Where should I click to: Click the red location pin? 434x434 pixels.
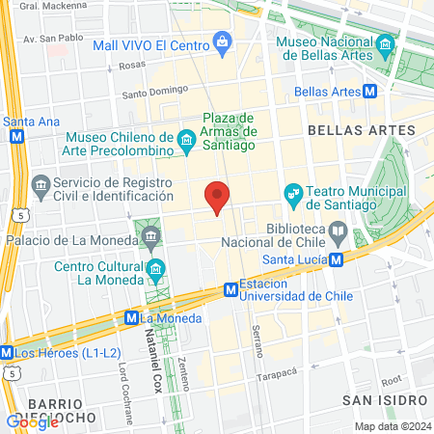(218, 196)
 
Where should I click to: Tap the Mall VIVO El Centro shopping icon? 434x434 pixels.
(224, 41)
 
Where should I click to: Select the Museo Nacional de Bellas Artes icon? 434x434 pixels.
(386, 43)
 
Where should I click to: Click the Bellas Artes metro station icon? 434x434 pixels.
(371, 92)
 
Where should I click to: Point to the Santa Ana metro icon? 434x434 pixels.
(14, 137)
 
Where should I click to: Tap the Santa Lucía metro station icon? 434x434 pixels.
(335, 259)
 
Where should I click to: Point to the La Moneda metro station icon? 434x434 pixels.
(131, 317)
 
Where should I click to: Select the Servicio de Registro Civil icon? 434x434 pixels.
(41, 183)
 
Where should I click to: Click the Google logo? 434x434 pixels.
(32, 421)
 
